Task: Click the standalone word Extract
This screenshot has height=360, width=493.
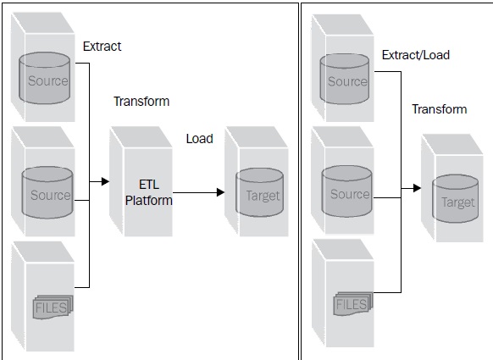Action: tap(102, 47)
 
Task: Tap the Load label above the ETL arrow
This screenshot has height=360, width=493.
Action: tap(200, 139)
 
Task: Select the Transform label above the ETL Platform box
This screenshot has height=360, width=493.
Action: tap(141, 102)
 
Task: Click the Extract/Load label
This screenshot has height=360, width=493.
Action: tap(415, 55)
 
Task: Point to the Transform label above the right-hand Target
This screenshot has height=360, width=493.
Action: tap(439, 109)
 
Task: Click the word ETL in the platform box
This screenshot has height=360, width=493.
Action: tap(149, 184)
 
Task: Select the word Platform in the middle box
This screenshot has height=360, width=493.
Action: tap(149, 201)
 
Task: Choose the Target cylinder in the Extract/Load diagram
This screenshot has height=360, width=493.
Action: tap(458, 201)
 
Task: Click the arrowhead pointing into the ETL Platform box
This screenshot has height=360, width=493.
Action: tap(105, 180)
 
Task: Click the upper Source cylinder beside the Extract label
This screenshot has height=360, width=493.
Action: tap(48, 79)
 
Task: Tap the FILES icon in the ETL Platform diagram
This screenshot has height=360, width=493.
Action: tap(53, 307)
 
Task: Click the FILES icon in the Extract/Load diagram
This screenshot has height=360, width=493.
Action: tap(352, 302)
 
